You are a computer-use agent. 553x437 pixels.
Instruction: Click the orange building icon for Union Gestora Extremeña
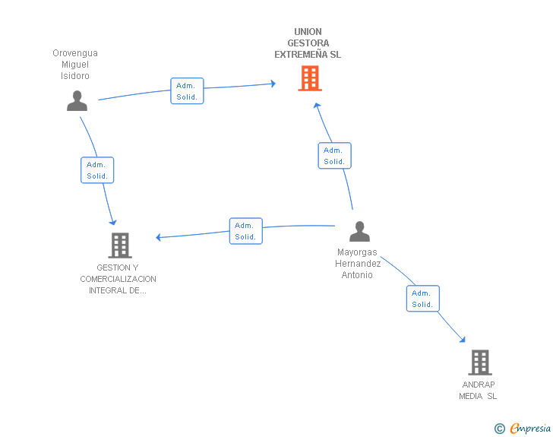click(x=309, y=78)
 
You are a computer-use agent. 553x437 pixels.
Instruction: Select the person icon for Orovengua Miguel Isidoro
click(x=77, y=100)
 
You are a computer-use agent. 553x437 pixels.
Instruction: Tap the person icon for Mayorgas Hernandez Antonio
click(x=359, y=231)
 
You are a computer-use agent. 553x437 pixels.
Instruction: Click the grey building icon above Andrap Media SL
click(x=479, y=363)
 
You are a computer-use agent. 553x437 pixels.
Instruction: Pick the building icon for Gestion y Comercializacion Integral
click(x=120, y=245)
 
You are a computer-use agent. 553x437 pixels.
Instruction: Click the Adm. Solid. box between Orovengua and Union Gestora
click(x=187, y=91)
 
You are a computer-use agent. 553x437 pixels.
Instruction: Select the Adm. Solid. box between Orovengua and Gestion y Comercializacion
click(x=97, y=170)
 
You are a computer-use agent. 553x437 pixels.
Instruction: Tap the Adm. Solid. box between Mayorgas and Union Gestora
click(x=334, y=156)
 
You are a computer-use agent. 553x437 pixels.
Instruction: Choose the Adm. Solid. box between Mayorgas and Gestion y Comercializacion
click(x=245, y=231)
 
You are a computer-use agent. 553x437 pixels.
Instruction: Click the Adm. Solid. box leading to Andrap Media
click(x=422, y=299)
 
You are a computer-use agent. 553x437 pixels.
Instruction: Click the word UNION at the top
click(x=308, y=32)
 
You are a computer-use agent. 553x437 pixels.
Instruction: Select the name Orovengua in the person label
click(x=75, y=53)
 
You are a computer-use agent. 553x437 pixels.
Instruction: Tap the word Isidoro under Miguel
click(x=75, y=76)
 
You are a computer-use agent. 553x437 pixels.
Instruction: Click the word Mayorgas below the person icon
click(x=357, y=252)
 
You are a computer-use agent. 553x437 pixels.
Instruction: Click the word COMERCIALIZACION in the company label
click(x=118, y=279)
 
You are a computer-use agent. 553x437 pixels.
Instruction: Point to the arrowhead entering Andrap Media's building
click(x=463, y=340)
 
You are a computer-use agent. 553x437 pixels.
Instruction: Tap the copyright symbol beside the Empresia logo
click(x=499, y=429)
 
